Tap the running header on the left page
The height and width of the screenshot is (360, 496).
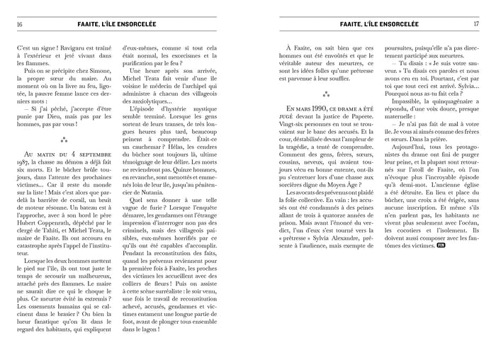tap(120, 23)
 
